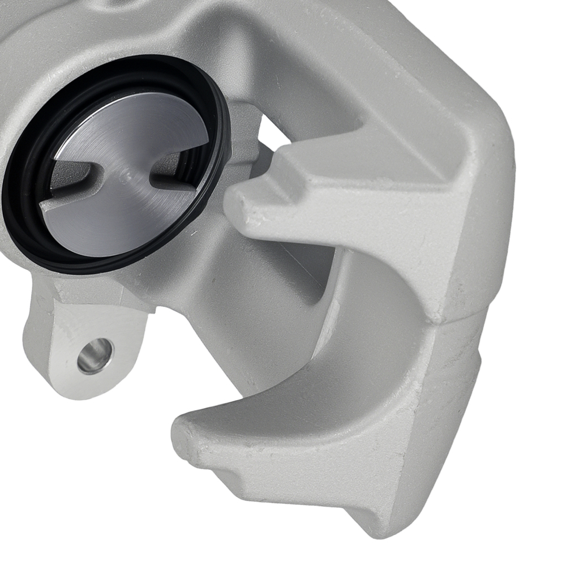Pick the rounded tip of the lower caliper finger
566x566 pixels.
click(184, 436)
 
